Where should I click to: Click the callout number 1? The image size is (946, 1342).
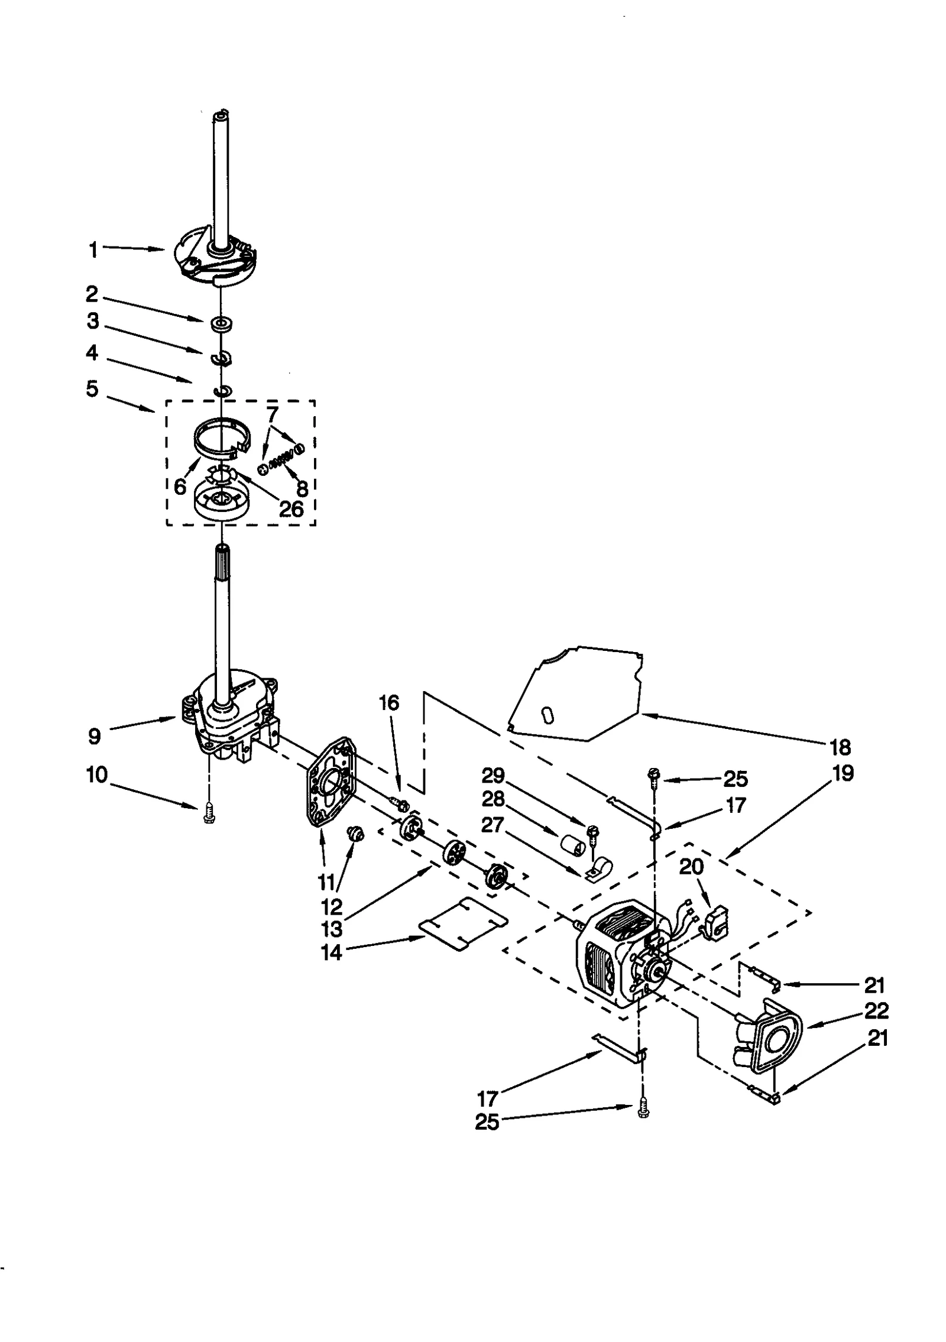[93, 250]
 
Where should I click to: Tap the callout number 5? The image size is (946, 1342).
[92, 389]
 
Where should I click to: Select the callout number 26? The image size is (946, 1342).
[291, 508]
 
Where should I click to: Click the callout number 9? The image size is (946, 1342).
[95, 736]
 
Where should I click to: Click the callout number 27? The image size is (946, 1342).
[493, 825]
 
